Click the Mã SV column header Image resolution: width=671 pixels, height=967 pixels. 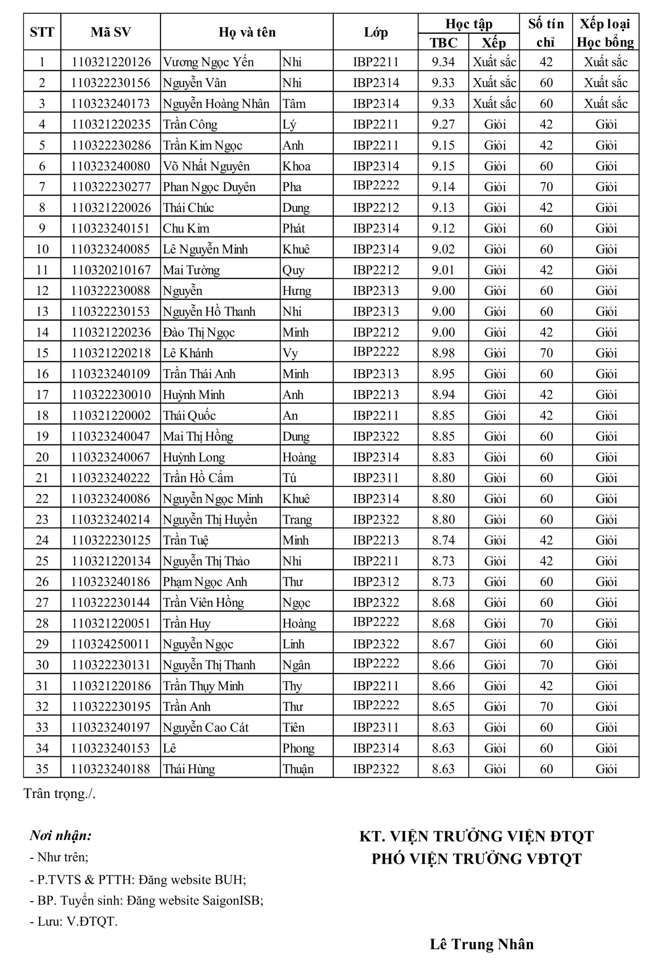pos(111,32)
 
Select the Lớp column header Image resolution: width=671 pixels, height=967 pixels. pos(375,32)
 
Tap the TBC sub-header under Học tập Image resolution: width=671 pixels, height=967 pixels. pos(443,42)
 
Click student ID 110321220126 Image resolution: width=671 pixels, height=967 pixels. pos(111,62)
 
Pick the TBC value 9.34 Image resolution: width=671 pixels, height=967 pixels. pos(443,62)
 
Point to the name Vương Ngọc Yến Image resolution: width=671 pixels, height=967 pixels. pos(208,62)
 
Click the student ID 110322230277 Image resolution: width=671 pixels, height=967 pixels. pos(111,186)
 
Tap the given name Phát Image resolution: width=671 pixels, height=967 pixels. pos(293,228)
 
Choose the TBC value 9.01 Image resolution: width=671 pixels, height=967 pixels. pos(443,270)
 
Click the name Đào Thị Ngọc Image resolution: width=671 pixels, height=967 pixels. pos(199,332)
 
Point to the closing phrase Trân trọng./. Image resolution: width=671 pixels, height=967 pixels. pos(60,794)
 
